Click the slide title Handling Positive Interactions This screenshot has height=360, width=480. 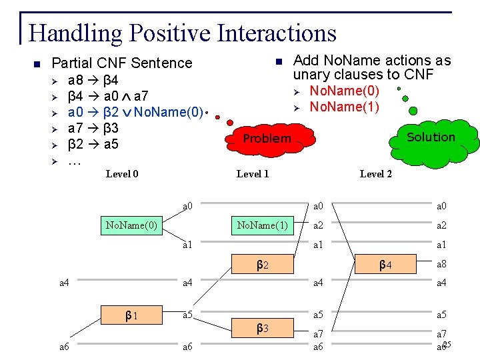[183, 33]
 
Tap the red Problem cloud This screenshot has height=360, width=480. [267, 139]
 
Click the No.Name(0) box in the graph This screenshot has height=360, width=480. [131, 225]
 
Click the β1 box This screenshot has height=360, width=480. [131, 315]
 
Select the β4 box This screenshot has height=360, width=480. [385, 265]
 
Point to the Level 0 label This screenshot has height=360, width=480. [122, 174]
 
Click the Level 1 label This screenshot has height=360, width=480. [253, 174]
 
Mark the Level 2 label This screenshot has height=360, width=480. [376, 174]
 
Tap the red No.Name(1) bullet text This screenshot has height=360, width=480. [345, 107]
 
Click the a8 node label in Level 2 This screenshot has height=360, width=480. [441, 265]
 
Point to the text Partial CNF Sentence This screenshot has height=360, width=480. [121, 63]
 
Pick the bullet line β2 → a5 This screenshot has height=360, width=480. [93, 143]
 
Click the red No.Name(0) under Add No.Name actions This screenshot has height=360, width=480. [345, 91]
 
